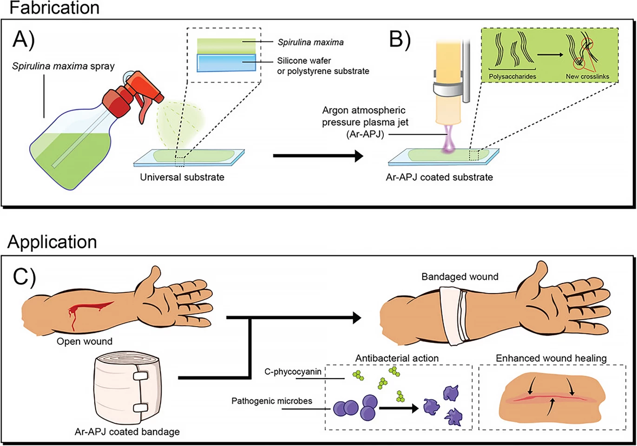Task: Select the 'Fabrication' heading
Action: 54,8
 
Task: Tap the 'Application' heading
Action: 52,242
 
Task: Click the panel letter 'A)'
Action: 24,39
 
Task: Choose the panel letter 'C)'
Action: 24,277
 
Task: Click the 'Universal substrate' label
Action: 182,177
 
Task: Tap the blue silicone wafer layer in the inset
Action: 226,63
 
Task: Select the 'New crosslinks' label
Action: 587,76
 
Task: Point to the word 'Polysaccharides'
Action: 512,76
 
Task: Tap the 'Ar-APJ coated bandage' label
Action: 127,432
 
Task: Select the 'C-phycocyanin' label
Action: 293,372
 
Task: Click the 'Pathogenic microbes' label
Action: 272,401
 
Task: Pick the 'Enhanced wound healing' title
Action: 551,358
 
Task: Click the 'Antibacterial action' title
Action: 397,358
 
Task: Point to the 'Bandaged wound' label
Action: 460,276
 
